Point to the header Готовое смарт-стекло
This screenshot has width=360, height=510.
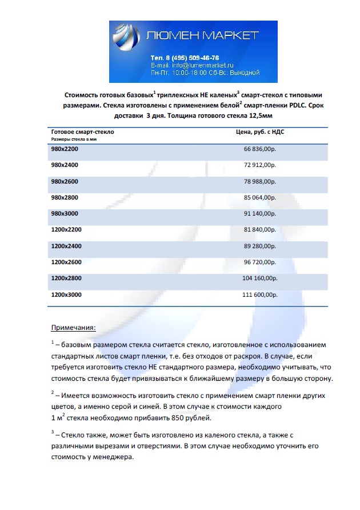pyautogui.click(x=82, y=132)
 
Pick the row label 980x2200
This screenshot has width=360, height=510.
pyautogui.click(x=65, y=149)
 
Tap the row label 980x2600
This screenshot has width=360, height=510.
pyautogui.click(x=65, y=181)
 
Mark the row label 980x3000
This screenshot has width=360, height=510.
pyautogui.click(x=65, y=213)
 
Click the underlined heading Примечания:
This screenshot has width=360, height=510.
pyautogui.click(x=74, y=328)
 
